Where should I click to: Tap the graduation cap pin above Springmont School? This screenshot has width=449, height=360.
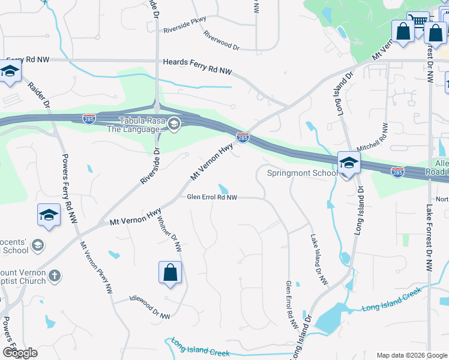[349, 162]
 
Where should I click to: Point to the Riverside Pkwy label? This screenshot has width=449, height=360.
[179, 28]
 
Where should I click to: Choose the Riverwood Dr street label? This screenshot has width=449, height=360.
[221, 41]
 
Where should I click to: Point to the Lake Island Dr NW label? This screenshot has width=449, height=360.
[319, 259]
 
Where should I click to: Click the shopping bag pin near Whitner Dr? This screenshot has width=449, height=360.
[170, 273]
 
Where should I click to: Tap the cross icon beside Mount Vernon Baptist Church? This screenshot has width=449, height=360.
[54, 276]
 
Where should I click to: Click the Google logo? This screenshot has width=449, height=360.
[20, 353]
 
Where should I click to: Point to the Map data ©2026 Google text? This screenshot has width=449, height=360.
[412, 355]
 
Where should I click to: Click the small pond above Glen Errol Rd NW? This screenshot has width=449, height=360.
[223, 188]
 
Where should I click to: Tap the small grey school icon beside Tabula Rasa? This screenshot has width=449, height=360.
[174, 124]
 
